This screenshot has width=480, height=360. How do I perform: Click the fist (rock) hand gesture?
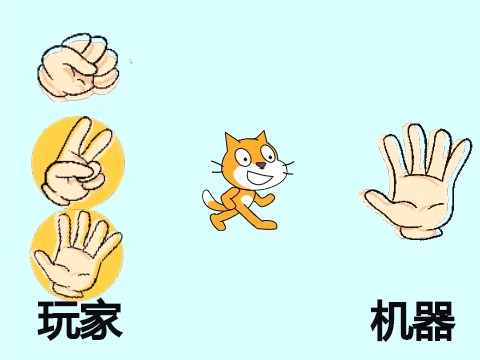78,67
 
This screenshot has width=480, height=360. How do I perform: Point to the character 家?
100,319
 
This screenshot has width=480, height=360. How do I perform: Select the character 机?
391,321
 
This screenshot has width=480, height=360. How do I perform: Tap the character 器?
434,321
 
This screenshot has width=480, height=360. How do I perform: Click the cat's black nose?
261,165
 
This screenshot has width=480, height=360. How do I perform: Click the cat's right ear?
261,137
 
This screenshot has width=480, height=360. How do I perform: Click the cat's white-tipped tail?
209,201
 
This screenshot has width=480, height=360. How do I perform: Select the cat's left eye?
243,158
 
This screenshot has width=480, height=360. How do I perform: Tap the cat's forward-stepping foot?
268,225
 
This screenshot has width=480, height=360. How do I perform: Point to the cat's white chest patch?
247,199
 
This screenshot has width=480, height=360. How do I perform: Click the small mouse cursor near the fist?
131,61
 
